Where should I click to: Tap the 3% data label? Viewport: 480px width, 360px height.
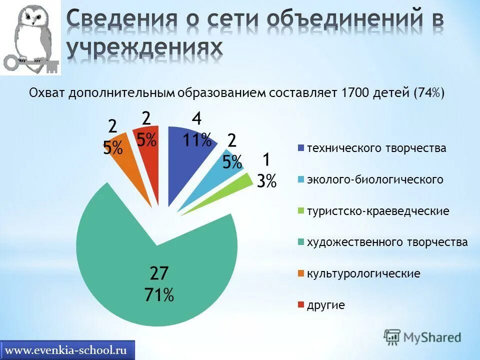pos(266,180)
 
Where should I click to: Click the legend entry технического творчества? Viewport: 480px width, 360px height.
pos(376,148)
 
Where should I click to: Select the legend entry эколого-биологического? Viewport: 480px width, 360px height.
pos(374,179)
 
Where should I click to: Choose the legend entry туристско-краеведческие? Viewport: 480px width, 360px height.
pos(377,211)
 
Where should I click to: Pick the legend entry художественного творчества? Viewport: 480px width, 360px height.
pos(387,242)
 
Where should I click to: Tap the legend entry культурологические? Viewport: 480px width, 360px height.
pos(363,274)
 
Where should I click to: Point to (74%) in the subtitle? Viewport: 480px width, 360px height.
pos(429,93)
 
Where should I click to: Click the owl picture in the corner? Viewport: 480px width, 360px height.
pos(30,37)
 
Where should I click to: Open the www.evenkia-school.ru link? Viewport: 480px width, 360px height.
pos(69,349)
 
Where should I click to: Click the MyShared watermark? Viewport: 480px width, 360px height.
pos(422,336)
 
